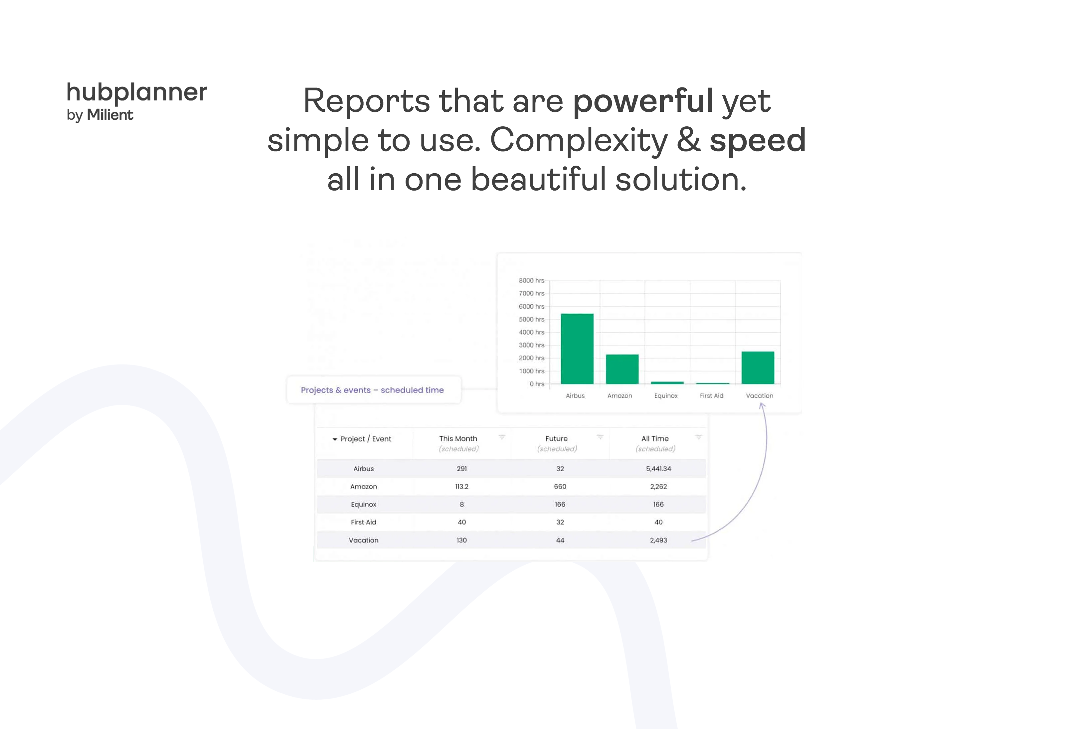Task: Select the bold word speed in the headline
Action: click(x=758, y=140)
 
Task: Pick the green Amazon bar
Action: click(x=622, y=369)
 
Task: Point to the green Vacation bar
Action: click(x=758, y=368)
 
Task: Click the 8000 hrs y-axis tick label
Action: click(x=531, y=280)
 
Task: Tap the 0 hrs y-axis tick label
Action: click(x=537, y=384)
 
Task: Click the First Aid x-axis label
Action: click(x=711, y=396)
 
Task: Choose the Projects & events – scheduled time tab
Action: click(x=373, y=390)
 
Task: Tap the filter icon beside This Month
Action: click(x=502, y=437)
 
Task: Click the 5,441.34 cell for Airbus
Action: click(x=658, y=469)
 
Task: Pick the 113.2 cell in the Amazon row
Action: click(x=462, y=487)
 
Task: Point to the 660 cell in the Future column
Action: click(x=560, y=487)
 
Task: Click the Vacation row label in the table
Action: click(x=363, y=540)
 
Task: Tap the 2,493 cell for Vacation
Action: click(x=658, y=540)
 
